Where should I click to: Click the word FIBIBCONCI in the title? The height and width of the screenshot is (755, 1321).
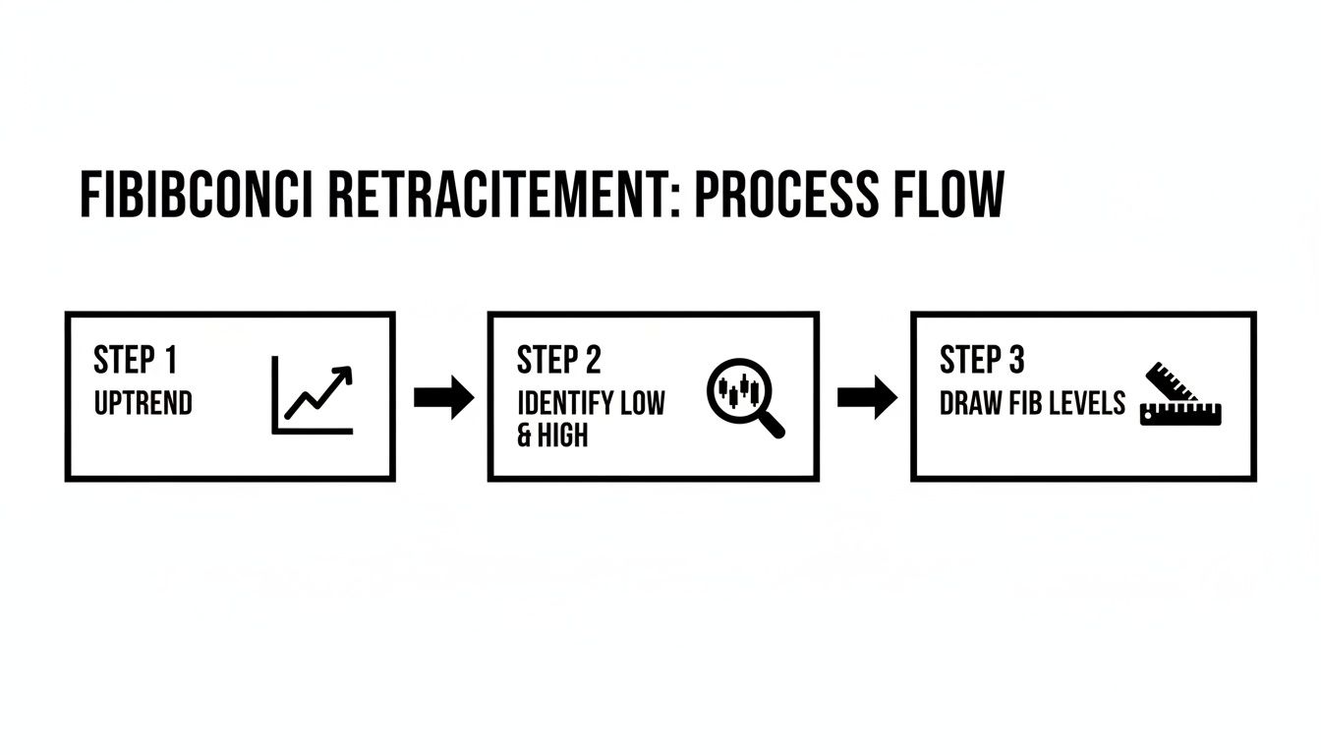(x=196, y=195)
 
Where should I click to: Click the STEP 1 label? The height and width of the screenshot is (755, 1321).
(x=135, y=361)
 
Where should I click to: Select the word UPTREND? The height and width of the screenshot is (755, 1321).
(x=143, y=403)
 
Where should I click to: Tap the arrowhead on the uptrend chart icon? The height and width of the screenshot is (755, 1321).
(x=343, y=375)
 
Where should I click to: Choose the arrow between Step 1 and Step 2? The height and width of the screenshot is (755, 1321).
(x=443, y=397)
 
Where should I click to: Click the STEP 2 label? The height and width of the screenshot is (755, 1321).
(x=558, y=361)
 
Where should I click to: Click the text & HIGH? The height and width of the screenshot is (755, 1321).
(x=552, y=436)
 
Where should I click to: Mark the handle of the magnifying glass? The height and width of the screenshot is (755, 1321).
(x=772, y=424)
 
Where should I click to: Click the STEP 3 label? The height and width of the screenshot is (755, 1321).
(x=981, y=361)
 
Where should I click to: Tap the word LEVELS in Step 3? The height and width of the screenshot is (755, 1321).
(x=1087, y=403)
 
